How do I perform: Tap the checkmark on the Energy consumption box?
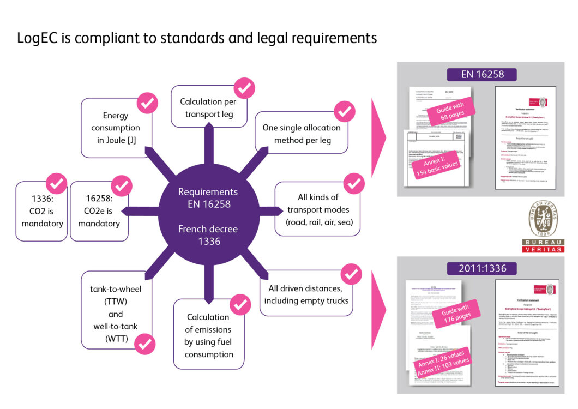click(147, 103)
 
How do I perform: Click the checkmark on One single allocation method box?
click(344, 112)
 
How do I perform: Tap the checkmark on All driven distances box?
click(351, 274)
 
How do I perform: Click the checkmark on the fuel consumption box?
click(239, 304)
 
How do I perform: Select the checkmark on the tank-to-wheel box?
click(145, 344)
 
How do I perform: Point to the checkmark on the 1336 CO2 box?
click(56, 183)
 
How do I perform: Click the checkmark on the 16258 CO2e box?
click(122, 185)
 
